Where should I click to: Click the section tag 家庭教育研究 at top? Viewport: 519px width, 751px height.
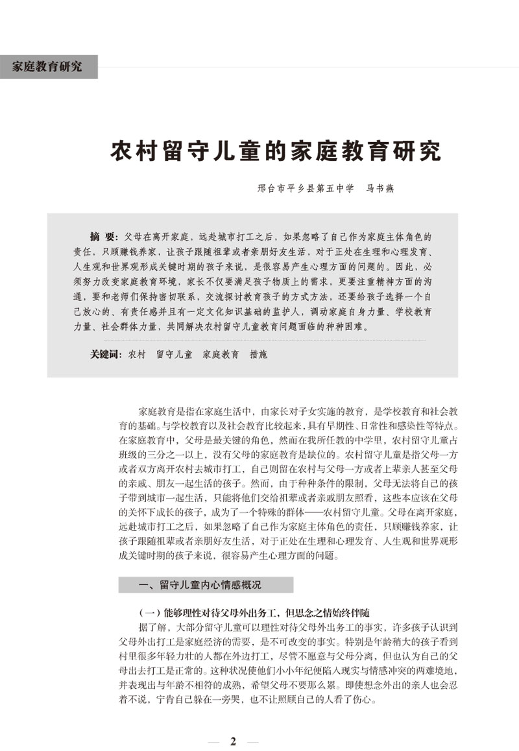coord(47,66)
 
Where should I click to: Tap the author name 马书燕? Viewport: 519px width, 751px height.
coord(380,189)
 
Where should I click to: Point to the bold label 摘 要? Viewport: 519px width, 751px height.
coord(104,237)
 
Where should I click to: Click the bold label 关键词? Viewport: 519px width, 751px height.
coord(106,355)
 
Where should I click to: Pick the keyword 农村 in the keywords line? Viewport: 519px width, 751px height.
coord(137,355)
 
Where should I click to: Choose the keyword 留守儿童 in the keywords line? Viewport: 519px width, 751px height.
coord(174,355)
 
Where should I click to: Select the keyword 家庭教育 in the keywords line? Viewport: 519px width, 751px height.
coord(221,355)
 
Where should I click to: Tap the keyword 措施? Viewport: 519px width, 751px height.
coord(258,355)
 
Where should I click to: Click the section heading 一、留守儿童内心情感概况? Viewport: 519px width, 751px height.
coord(201,585)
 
